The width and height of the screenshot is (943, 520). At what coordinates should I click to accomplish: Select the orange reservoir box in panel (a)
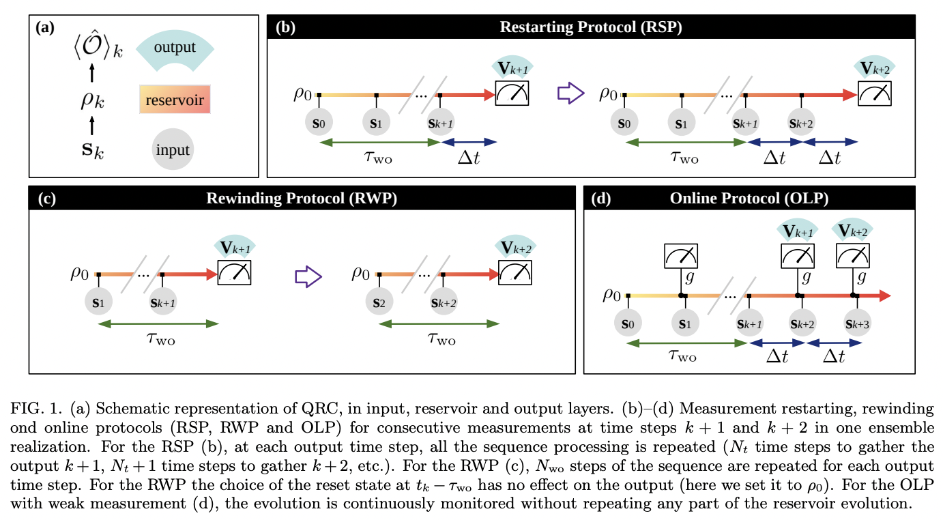pos(175,99)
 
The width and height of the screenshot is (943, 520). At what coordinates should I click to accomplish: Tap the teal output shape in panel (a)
pos(175,48)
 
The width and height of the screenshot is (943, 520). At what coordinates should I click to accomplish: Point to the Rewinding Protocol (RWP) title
pos(301,199)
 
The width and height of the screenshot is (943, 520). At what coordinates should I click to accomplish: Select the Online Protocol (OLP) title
pos(751,199)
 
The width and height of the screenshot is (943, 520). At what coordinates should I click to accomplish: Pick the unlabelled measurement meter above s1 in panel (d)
pos(681,255)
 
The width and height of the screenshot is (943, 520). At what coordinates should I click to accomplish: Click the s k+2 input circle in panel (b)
pos(802,124)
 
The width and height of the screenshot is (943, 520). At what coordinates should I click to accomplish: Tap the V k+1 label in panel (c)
pos(234,247)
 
